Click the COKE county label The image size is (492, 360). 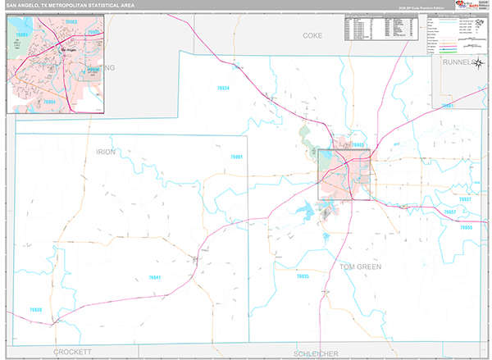312,36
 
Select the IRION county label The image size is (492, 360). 107,152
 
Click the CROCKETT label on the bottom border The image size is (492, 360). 75,351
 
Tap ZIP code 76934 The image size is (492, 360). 222,88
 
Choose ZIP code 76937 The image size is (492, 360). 464,199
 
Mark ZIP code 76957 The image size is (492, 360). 449,212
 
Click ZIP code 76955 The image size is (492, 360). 464,226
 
